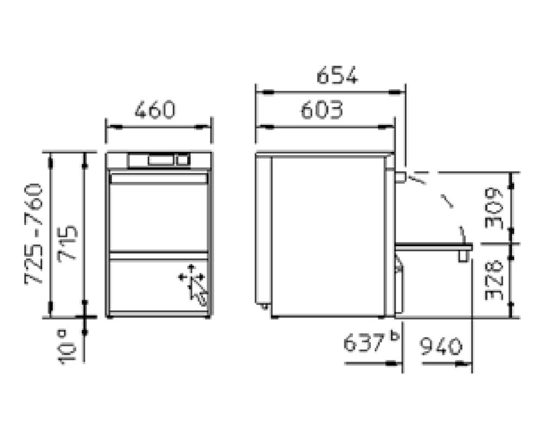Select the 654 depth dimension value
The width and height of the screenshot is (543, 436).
(337, 76)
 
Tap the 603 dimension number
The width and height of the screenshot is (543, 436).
(322, 110)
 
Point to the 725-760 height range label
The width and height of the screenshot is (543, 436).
(34, 234)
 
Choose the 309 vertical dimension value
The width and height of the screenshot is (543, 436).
(494, 208)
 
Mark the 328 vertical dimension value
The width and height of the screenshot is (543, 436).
(494, 281)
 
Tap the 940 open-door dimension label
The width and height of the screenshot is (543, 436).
(441, 346)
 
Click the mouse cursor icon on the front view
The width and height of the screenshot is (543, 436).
(194, 284)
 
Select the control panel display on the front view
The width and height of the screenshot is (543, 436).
(160, 160)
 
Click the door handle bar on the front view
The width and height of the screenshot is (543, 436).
(159, 178)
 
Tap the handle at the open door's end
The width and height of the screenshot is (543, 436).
(463, 256)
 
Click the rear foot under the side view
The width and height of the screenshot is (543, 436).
(264, 307)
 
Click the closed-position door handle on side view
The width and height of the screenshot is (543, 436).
(400, 177)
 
